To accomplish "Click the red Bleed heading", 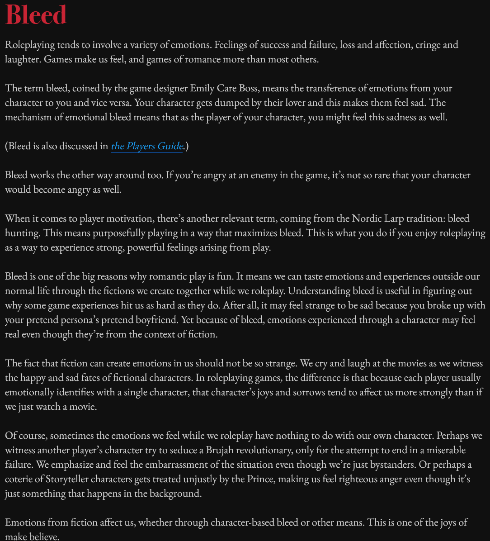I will [x=36, y=15].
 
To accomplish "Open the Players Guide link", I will [x=147, y=146].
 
